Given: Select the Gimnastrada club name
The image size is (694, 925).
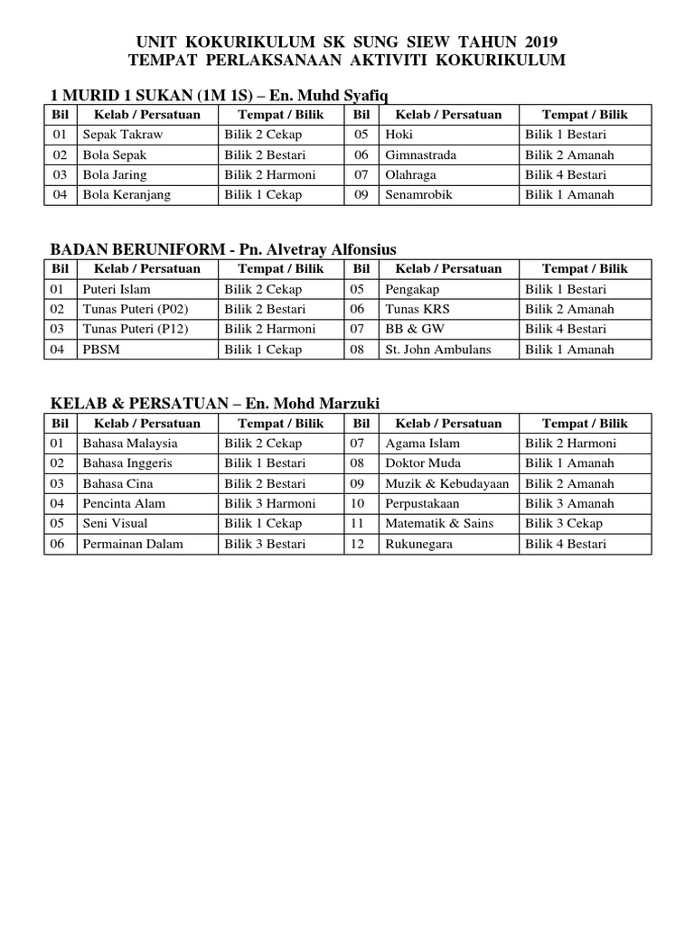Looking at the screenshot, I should (x=420, y=154).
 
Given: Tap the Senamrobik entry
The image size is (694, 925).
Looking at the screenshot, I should (x=418, y=194).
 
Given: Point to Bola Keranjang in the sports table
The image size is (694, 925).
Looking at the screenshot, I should (x=127, y=194).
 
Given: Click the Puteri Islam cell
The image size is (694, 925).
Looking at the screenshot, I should (x=117, y=289).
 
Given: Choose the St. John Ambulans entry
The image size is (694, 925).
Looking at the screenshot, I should (x=438, y=349).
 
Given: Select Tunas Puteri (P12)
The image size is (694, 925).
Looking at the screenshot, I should (x=136, y=329).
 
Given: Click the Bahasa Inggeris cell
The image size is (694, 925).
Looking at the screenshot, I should (x=127, y=463).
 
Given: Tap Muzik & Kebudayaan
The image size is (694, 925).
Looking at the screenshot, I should (x=447, y=483).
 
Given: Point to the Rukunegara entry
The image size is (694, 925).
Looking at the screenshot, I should (x=418, y=544).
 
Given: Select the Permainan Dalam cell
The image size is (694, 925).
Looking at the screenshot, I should (x=133, y=544).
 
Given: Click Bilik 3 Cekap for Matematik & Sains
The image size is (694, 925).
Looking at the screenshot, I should (x=564, y=523).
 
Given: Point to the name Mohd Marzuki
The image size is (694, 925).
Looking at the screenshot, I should (x=335, y=403).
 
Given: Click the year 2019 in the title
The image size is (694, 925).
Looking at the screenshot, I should (x=539, y=42).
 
